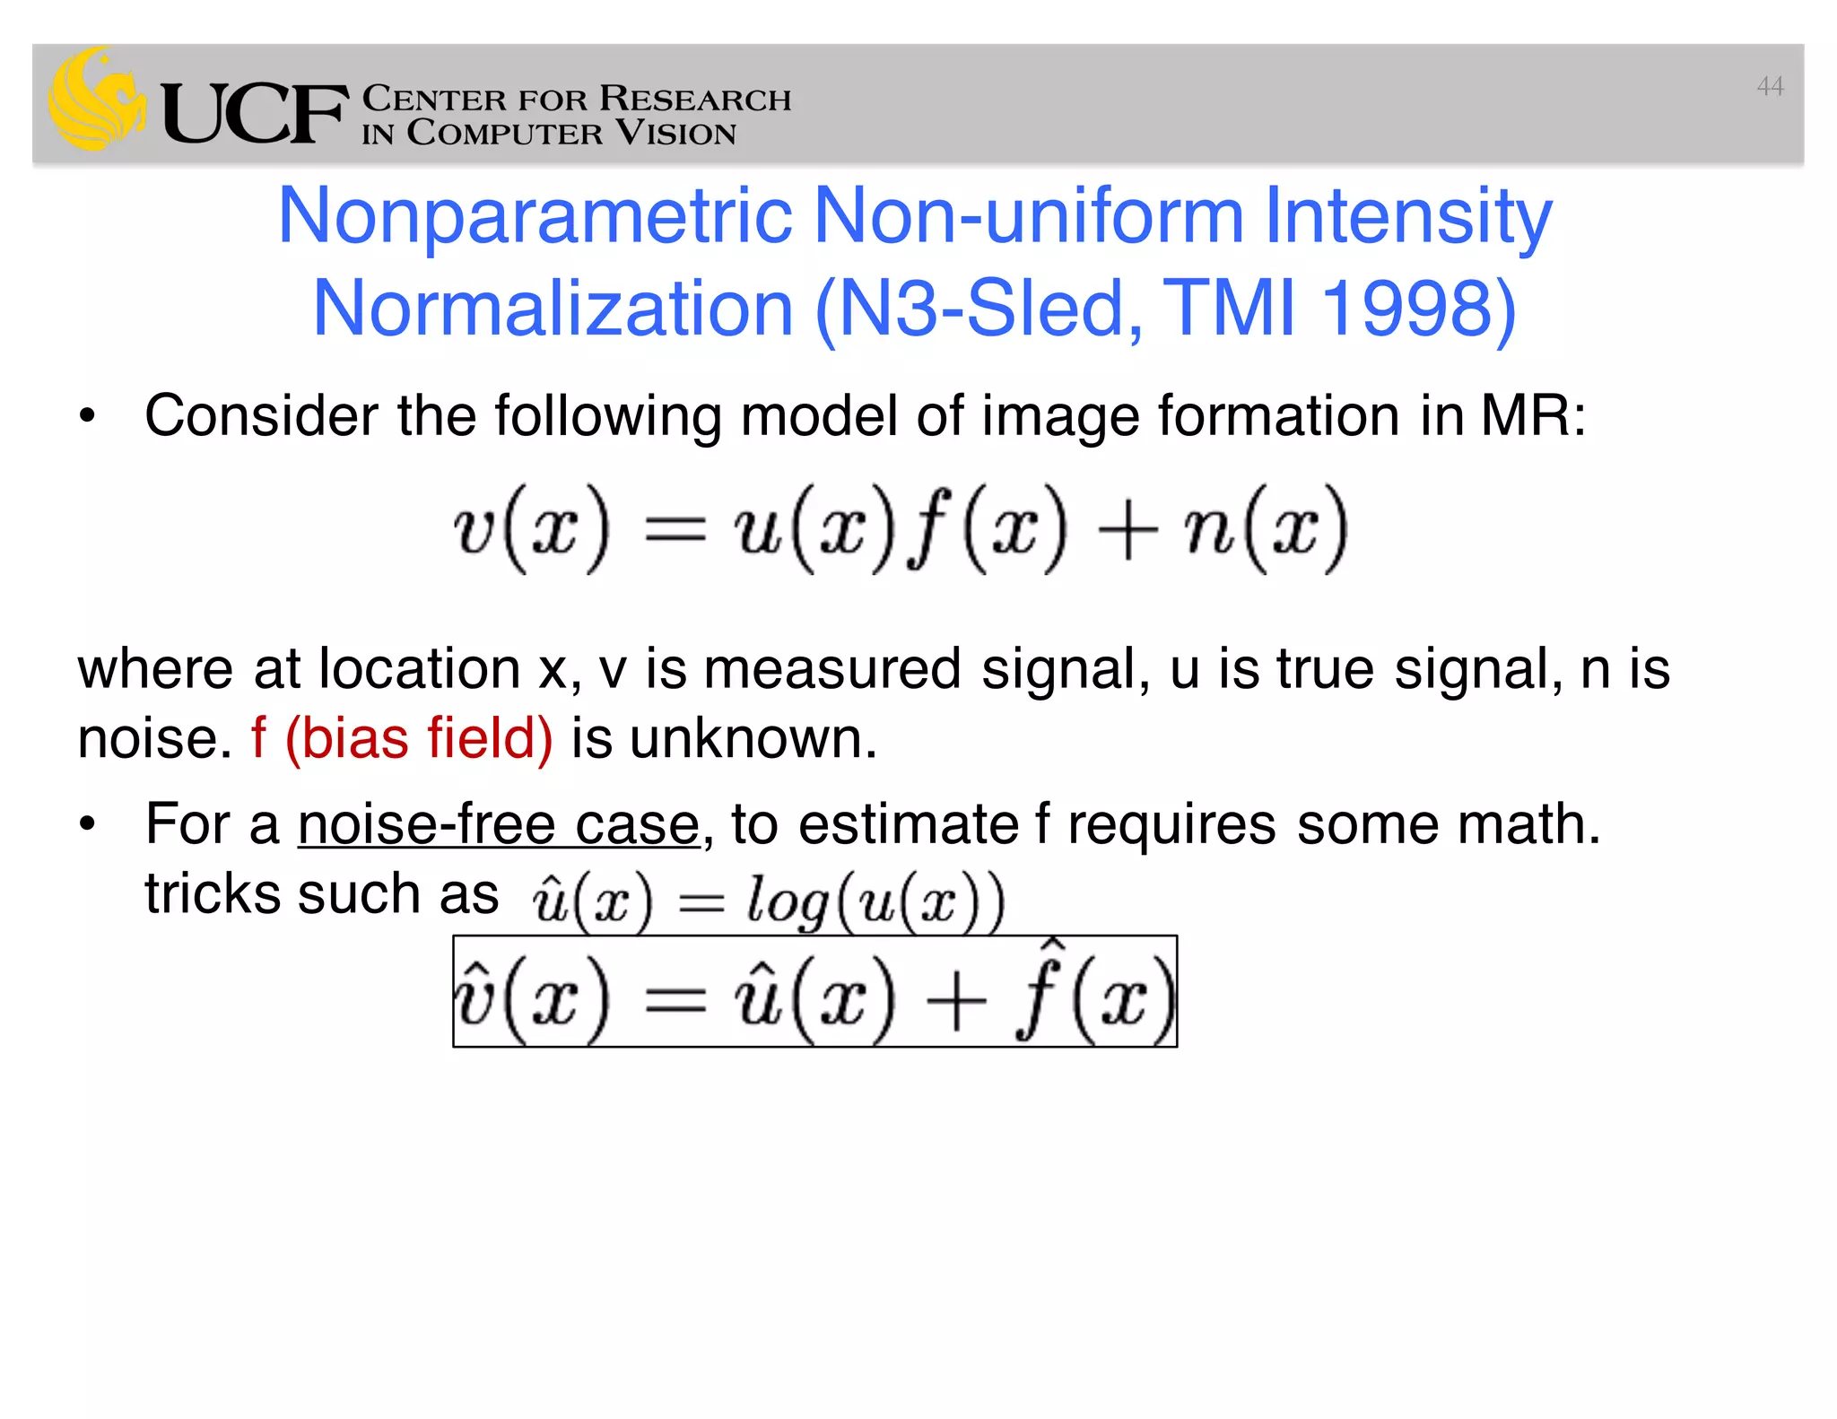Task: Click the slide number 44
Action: click(x=1770, y=87)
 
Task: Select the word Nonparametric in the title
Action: click(x=535, y=215)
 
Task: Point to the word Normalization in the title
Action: click(x=553, y=309)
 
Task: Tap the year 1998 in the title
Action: click(x=1418, y=309)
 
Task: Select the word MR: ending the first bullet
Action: click(x=1533, y=416)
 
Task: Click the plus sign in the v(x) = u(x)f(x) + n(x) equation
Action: click(x=1126, y=531)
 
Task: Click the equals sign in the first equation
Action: click(x=675, y=531)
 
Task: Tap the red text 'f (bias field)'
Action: click(x=401, y=738)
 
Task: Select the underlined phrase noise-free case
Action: click(x=498, y=824)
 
